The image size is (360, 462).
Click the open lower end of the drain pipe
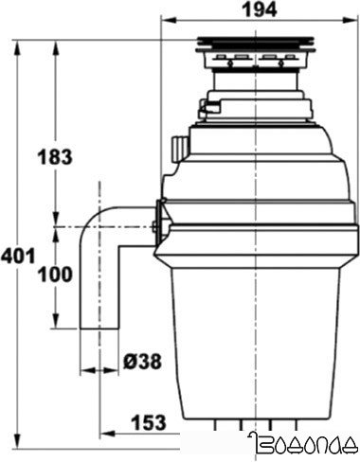pyautogui.click(x=98, y=328)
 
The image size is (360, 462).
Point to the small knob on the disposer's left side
pyautogui.click(x=177, y=147)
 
